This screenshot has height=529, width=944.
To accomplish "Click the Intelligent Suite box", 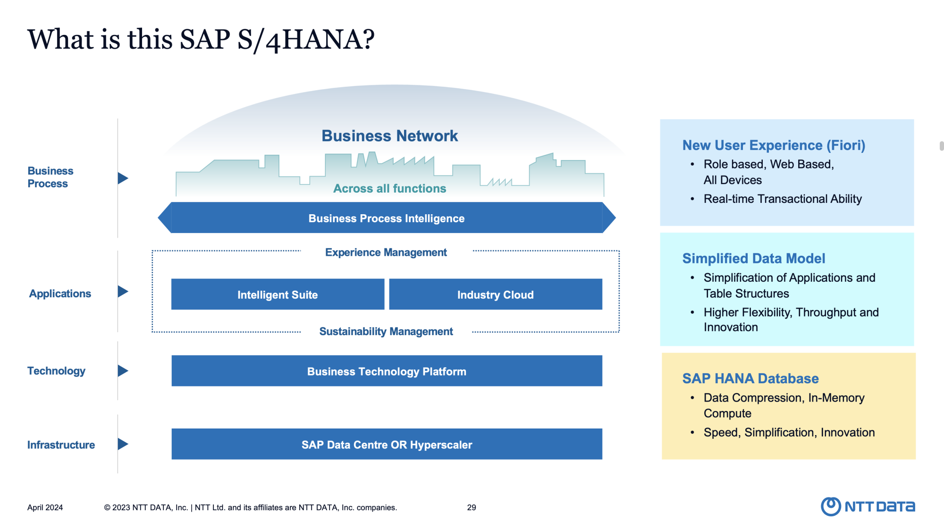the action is tap(278, 294).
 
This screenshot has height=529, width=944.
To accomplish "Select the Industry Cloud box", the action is tap(496, 294).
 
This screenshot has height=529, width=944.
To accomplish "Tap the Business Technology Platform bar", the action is tap(387, 371).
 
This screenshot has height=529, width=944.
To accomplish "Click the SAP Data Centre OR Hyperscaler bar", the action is tap(387, 444).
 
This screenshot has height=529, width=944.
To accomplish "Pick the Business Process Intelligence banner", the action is tap(387, 218).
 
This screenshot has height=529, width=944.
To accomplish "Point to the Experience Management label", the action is tap(386, 252).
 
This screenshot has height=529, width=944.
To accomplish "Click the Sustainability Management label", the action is tap(386, 331).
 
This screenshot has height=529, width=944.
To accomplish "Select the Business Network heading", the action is tap(390, 136).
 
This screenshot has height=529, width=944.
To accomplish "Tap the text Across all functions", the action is tap(390, 188).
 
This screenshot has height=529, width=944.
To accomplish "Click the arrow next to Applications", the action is tap(123, 291).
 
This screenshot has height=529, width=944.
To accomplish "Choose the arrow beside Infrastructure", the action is tap(123, 444).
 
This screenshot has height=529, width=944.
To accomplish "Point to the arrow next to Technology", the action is tap(123, 371).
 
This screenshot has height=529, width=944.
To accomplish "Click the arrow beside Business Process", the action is tap(123, 178).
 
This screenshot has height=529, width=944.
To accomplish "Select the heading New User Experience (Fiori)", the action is tap(774, 145).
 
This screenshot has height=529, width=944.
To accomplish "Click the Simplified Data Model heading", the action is tap(754, 259).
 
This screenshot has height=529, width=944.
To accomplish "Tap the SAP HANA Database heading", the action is tap(750, 378).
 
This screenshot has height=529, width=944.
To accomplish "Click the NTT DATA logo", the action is tap(868, 506).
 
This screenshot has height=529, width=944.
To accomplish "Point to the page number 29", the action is tap(472, 507).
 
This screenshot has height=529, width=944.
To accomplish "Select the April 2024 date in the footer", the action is tap(45, 508).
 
